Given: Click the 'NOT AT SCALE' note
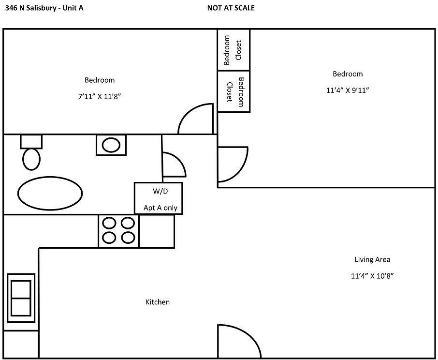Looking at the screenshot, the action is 231,8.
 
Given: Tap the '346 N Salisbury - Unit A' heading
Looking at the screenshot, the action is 44,8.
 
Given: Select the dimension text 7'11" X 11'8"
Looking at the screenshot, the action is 100,96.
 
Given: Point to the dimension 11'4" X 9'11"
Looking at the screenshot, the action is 348,90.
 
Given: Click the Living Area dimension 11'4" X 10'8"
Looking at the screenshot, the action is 372,276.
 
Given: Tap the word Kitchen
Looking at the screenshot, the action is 158,302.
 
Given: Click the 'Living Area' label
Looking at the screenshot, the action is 372,260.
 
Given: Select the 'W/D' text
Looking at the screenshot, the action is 161,191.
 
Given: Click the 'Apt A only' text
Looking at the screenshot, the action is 161,208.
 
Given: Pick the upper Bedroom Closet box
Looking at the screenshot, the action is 234,50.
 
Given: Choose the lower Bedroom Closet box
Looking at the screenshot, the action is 234,91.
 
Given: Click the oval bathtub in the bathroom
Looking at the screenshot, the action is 50,193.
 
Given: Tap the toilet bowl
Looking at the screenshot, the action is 31,159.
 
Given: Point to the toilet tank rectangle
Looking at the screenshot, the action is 31,141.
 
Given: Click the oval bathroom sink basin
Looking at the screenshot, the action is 111,145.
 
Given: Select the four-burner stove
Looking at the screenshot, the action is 118,231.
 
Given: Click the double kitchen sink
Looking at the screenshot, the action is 21,298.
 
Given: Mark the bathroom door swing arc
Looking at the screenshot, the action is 180,161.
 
